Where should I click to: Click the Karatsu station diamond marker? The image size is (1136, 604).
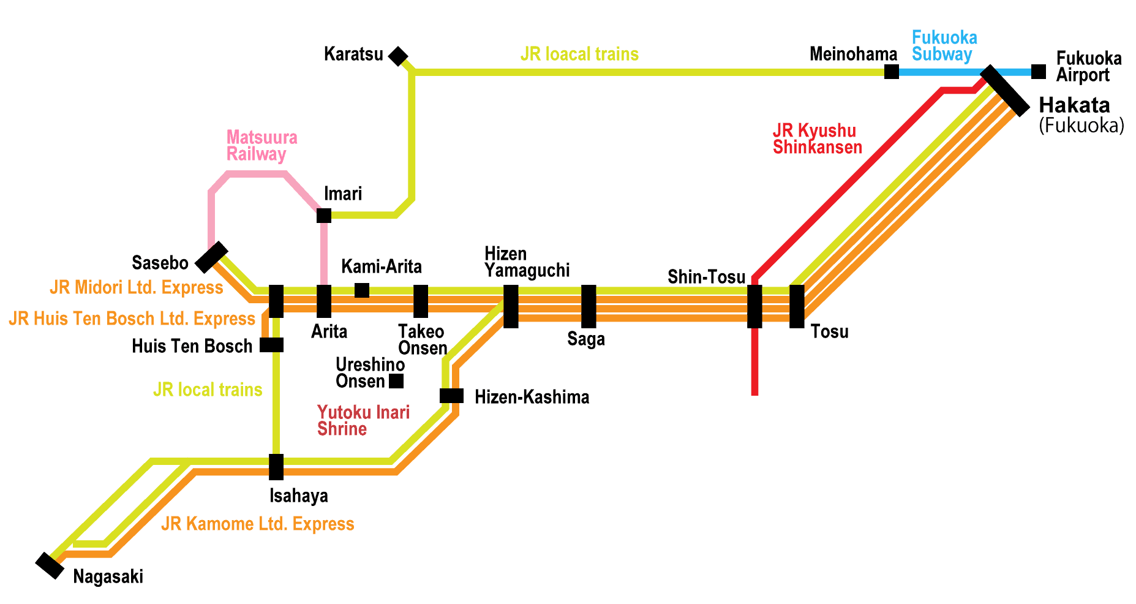click(x=398, y=56)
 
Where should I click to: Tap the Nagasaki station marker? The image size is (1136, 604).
click(x=50, y=565)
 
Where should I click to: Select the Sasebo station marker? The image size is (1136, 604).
click(x=211, y=257)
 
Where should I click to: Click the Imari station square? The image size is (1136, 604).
click(x=324, y=216)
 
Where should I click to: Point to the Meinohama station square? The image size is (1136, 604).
click(x=892, y=72)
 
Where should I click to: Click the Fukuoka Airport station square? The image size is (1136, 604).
click(x=1038, y=72)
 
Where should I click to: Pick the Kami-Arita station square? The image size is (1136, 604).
click(x=362, y=290)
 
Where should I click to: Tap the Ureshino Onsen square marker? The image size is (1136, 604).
click(x=396, y=381)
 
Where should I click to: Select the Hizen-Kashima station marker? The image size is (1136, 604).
click(x=451, y=396)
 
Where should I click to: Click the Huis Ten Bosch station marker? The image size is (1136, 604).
click(x=271, y=345)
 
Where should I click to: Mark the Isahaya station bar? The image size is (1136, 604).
click(x=276, y=467)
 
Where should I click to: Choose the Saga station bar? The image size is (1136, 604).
click(x=589, y=306)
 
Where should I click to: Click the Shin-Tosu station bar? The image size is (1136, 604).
click(x=754, y=306)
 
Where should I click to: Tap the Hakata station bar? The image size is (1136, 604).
click(x=1005, y=91)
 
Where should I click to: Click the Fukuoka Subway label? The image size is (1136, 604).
click(x=944, y=46)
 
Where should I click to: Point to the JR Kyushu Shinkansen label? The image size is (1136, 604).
click(x=817, y=139)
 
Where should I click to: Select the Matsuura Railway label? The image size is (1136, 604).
click(x=261, y=145)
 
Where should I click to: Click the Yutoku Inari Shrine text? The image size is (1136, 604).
click(x=363, y=420)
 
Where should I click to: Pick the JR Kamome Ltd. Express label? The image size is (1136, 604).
click(x=258, y=524)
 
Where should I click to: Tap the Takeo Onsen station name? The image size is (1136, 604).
click(x=422, y=340)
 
